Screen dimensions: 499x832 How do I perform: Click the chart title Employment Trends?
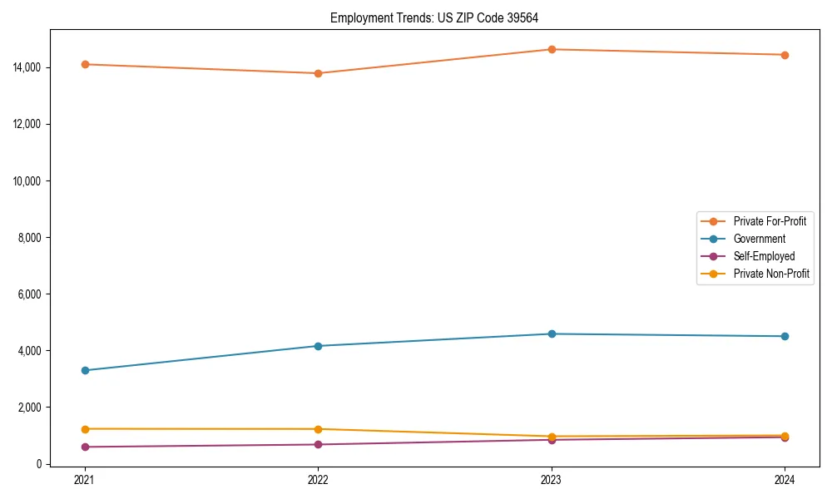point(440,17)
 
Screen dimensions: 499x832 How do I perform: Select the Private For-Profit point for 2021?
point(85,64)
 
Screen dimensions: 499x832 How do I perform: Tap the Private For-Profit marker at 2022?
point(319,73)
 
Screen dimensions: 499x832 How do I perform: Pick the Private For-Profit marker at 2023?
point(552,49)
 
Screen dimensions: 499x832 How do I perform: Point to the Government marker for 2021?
point(85,370)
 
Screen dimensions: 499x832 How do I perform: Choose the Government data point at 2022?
point(319,346)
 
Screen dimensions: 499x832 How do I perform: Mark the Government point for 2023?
point(552,334)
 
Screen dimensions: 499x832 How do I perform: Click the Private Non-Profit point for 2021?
point(85,429)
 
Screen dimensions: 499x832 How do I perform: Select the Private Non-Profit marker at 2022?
point(319,429)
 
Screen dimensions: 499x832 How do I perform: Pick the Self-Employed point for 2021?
point(85,447)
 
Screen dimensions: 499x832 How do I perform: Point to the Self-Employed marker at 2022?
point(319,444)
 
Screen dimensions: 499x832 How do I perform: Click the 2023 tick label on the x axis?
point(552,480)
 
